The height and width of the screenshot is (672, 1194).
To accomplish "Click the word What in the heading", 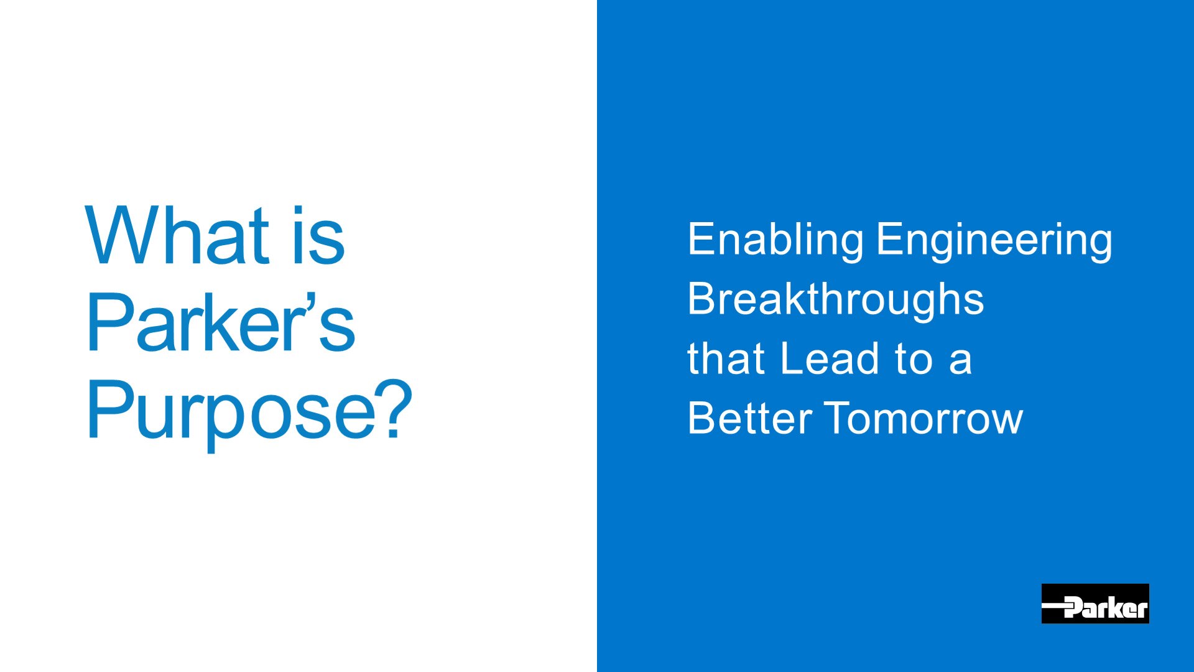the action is point(178,235).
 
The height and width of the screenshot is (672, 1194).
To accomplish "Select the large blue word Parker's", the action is point(221,322).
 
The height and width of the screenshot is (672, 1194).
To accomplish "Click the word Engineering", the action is point(994,241).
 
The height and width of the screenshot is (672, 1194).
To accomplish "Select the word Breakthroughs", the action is point(836,300).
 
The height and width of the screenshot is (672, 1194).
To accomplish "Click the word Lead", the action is point(830,359).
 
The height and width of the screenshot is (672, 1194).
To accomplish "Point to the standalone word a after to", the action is point(960,364).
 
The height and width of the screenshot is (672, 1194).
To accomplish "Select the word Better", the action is point(749,418).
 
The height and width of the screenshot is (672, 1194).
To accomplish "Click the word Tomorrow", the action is point(923,418).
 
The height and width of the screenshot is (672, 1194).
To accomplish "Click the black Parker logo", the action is point(1095,604).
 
